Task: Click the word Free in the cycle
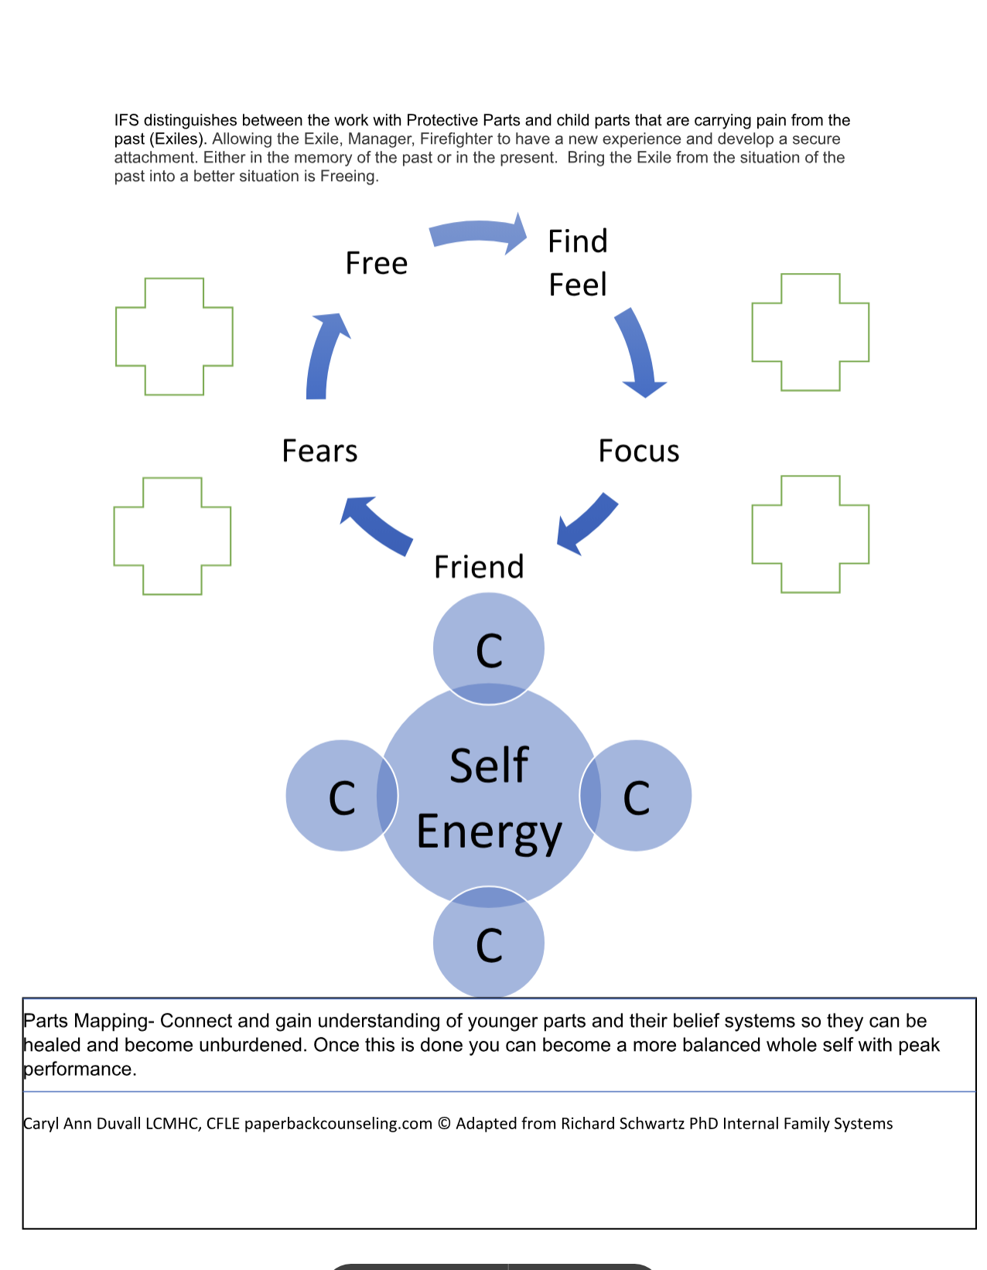(377, 264)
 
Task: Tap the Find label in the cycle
(578, 241)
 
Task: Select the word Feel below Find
(578, 285)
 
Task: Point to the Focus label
(639, 451)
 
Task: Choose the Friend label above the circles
(479, 567)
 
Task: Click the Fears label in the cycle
(319, 451)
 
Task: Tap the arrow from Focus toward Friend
(589, 523)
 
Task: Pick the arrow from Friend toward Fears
(376, 525)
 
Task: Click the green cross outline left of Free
(174, 336)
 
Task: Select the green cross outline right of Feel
(811, 332)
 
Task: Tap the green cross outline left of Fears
(172, 536)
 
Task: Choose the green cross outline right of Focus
(811, 534)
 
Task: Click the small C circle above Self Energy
(489, 648)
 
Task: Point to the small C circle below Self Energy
(489, 944)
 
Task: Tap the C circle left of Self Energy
(341, 796)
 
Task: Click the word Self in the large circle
(489, 766)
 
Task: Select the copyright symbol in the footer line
(444, 1124)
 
